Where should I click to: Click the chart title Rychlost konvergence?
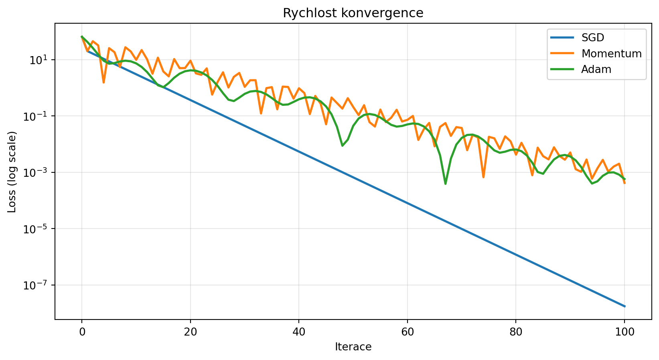[353, 13]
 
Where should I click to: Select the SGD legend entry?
[592, 38]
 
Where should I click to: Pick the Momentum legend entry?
[611, 54]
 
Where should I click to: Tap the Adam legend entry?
[596, 69]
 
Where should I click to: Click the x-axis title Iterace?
[353, 347]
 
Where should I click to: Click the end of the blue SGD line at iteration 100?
[624, 306]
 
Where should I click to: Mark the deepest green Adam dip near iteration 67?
[445, 184]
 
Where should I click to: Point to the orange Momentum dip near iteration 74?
[483, 177]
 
